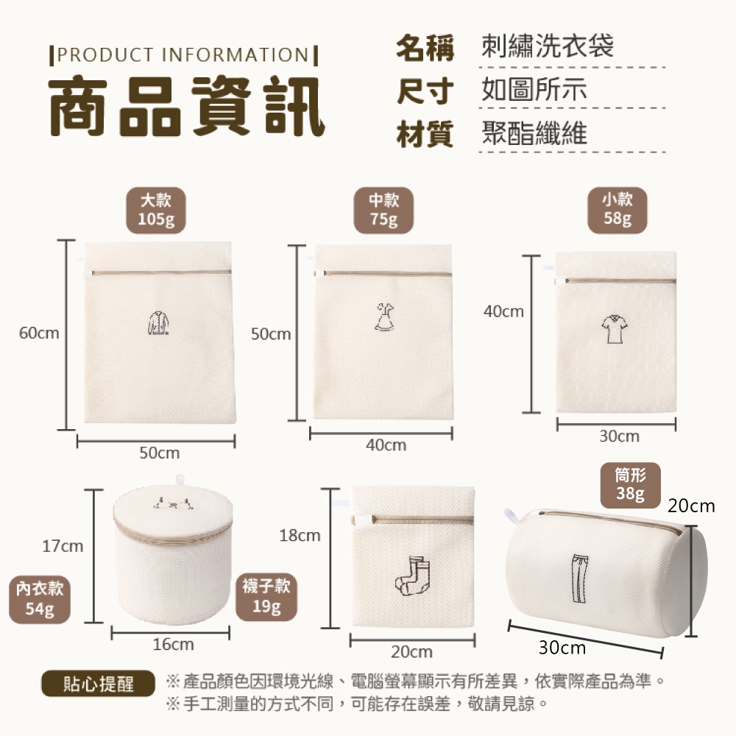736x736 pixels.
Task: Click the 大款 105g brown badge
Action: (x=156, y=210)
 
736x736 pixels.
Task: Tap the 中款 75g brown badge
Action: (x=383, y=210)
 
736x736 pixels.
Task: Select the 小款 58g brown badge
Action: (x=618, y=210)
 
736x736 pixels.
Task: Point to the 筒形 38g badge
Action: (x=631, y=485)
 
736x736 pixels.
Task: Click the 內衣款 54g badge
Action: (x=40, y=599)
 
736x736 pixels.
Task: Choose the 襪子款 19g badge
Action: (x=266, y=597)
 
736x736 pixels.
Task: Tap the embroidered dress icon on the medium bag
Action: (x=384, y=316)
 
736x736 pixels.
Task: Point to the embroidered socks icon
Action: (x=412, y=576)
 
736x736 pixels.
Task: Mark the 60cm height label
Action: (x=39, y=333)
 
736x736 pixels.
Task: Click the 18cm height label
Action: (x=300, y=536)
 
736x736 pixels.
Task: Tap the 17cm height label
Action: (x=63, y=546)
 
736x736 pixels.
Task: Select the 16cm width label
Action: (x=173, y=645)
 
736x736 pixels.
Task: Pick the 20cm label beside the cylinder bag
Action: (x=691, y=506)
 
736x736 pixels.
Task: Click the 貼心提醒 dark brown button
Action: (x=98, y=684)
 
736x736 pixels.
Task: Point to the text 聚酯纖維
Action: (x=534, y=133)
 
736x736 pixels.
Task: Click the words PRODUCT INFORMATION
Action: (x=183, y=55)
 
